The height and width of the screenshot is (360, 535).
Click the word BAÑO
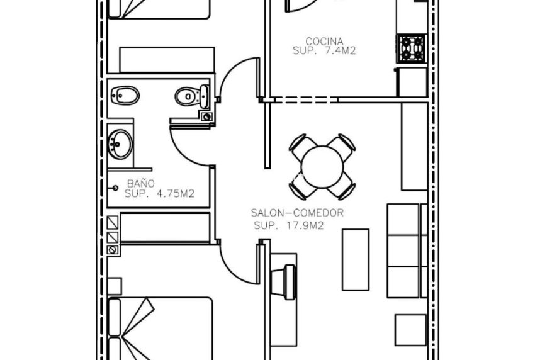point(141,184)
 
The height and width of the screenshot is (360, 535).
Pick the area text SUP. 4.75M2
point(159,194)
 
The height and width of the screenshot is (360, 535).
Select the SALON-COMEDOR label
point(297,213)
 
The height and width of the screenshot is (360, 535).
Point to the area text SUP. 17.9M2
point(288,225)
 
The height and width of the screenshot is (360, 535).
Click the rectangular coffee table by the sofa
point(356,259)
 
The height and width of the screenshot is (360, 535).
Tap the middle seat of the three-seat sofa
point(403,250)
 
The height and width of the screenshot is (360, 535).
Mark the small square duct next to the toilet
point(206,116)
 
